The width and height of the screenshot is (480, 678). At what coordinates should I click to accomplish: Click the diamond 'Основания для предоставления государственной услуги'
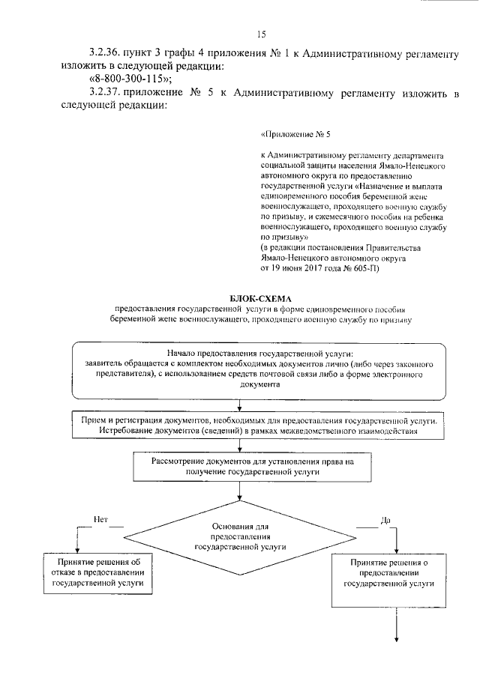pos(240,537)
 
